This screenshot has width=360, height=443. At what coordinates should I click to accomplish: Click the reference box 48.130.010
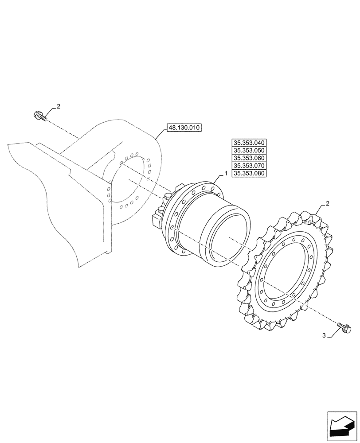pyautogui.click(x=184, y=128)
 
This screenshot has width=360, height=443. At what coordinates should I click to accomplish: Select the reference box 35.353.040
pyautogui.click(x=249, y=143)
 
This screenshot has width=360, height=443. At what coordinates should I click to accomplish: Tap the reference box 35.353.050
pyautogui.click(x=249, y=150)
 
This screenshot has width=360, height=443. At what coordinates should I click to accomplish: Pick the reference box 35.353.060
pyautogui.click(x=249, y=158)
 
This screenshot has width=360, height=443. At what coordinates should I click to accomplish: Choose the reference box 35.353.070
pyautogui.click(x=249, y=166)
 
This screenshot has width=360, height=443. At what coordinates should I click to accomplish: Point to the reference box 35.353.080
pyautogui.click(x=249, y=174)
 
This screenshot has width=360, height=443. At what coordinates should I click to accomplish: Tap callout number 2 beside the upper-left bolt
pyautogui.click(x=58, y=107)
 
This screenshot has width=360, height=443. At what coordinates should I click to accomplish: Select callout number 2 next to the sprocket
pyautogui.click(x=327, y=204)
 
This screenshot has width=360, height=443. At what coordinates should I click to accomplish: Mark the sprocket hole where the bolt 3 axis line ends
pyautogui.click(x=262, y=280)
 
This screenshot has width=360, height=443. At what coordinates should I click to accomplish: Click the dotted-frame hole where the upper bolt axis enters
pyautogui.click(x=121, y=163)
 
